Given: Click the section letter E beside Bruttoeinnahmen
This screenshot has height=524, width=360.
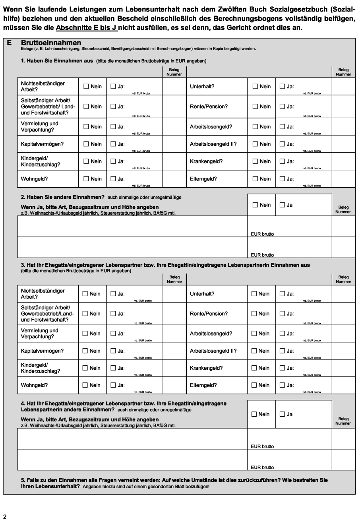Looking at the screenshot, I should pos(9,43).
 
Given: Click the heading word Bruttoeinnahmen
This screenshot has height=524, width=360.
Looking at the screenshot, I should pos(51,43).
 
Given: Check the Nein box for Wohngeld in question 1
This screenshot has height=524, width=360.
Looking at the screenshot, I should pos(86,179).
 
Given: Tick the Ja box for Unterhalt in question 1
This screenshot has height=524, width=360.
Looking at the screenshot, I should pos(282,87).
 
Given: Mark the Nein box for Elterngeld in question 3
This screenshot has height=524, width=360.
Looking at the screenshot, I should pos(254,385).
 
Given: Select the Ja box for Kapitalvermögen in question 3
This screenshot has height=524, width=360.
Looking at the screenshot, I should pos(113,351).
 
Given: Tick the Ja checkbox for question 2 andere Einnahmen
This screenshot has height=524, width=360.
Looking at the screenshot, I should pos(282,205).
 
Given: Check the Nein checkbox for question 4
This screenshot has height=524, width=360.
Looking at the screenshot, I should pos(254,414).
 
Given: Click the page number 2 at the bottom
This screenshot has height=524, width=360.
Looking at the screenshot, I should pos(5,517).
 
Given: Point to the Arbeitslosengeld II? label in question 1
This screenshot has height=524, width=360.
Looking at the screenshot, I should pos(213,144).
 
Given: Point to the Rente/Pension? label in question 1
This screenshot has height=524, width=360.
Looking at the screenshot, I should pos(209,107).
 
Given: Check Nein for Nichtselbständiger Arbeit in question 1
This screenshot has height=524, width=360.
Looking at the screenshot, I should pos(86,87).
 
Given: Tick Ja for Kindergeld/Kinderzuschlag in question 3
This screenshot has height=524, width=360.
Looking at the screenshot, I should pos(113,368).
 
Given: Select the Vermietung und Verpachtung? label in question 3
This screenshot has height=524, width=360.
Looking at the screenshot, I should pos(39,334).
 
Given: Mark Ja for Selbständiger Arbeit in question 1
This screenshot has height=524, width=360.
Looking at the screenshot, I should pos(113,107).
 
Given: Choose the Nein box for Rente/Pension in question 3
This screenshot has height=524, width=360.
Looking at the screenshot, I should pos(254,314).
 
